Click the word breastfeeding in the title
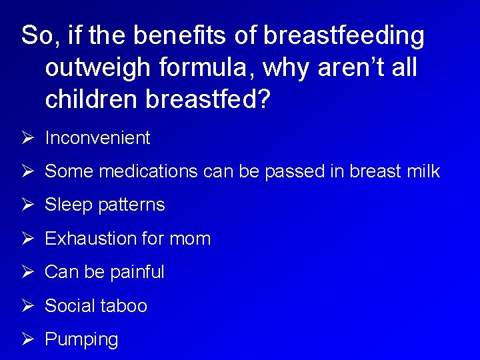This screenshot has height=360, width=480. pyautogui.click(x=343, y=37)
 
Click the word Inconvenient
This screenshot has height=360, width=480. pyautogui.click(x=97, y=138)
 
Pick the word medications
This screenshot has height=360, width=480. pyautogui.click(x=148, y=171)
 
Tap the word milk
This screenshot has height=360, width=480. pyautogui.click(x=423, y=171)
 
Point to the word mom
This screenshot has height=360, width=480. pyautogui.click(x=192, y=239)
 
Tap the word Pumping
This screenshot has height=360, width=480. pyautogui.click(x=81, y=339)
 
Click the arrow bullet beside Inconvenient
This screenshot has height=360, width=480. pyautogui.click(x=27, y=138)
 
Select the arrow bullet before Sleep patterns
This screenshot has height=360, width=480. pyautogui.click(x=27, y=205)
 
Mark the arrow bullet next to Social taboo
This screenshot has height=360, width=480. pyautogui.click(x=27, y=306)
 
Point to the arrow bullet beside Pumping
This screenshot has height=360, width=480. pyautogui.click(x=27, y=339)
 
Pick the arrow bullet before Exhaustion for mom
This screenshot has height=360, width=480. pyautogui.click(x=27, y=239)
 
